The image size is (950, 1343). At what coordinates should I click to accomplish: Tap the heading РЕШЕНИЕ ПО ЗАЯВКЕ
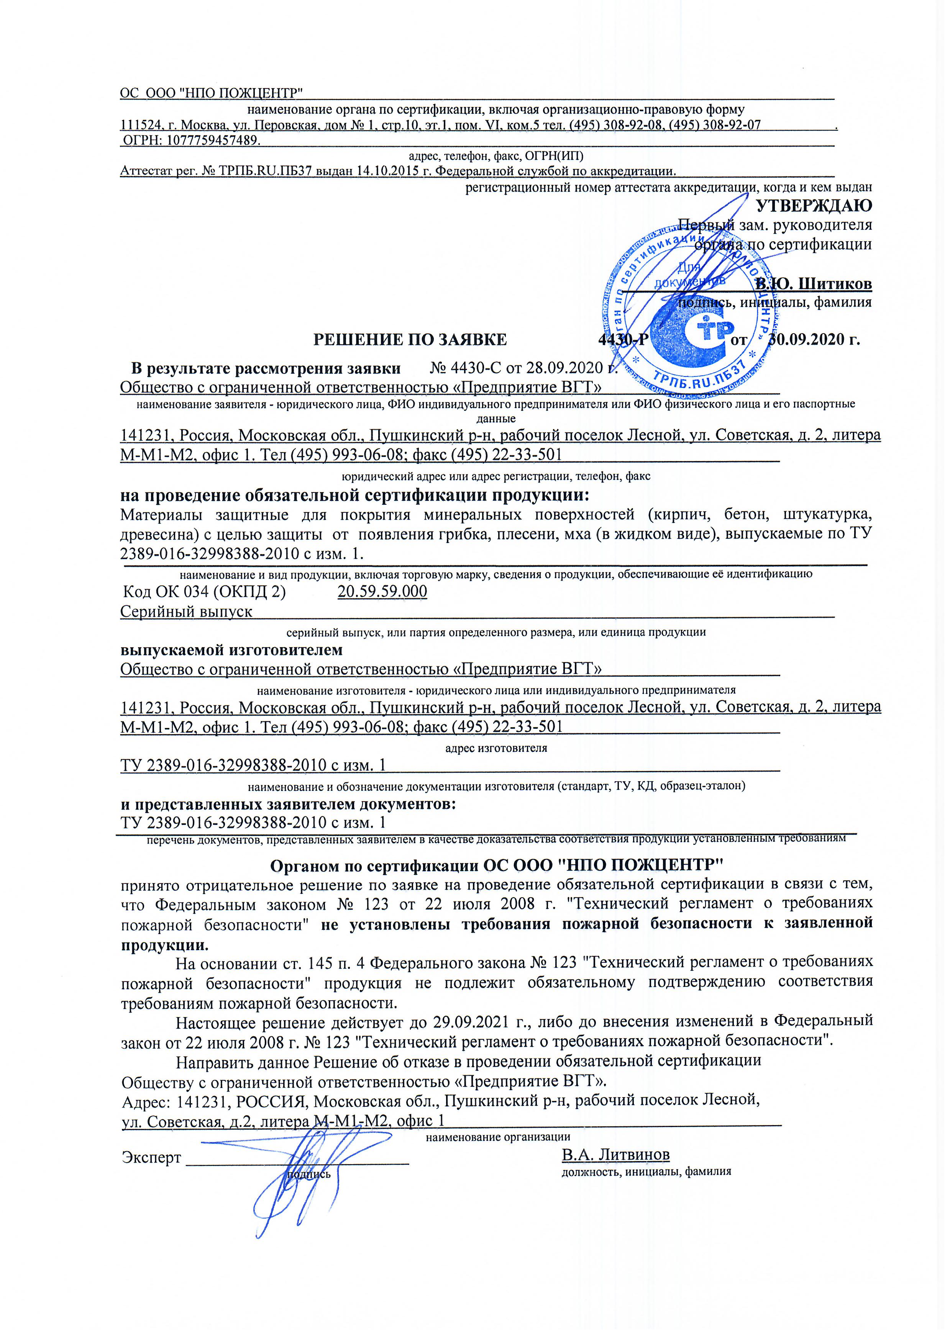tap(410, 340)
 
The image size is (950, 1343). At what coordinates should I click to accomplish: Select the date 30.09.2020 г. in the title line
tap(814, 340)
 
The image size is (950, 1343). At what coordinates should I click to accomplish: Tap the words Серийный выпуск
tap(186, 612)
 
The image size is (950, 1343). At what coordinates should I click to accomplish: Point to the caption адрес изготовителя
tap(496, 748)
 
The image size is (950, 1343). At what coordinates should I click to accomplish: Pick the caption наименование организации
tap(497, 1137)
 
